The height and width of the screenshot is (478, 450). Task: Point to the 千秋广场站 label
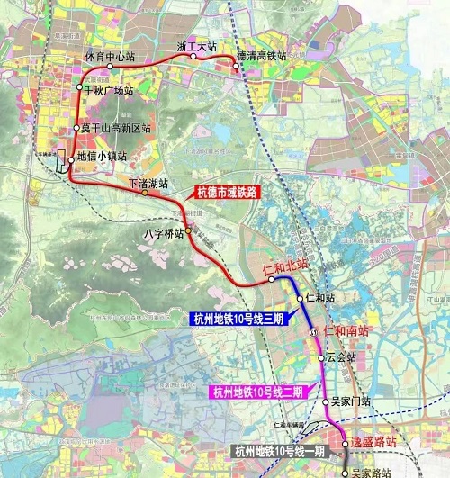(108, 91)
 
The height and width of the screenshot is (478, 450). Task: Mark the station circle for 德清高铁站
(236, 65)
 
